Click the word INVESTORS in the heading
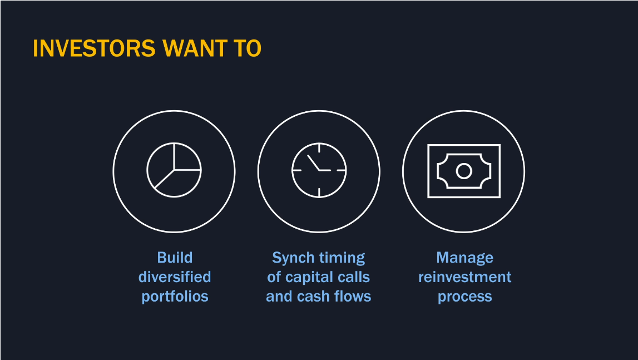[94, 48]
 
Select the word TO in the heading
[248, 48]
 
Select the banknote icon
[428, 171]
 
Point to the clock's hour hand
[313, 162]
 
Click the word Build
[175, 258]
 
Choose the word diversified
[175, 277]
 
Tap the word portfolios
[175, 297]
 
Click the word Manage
[464, 258]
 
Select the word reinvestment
[464, 277]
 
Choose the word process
[464, 297]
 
